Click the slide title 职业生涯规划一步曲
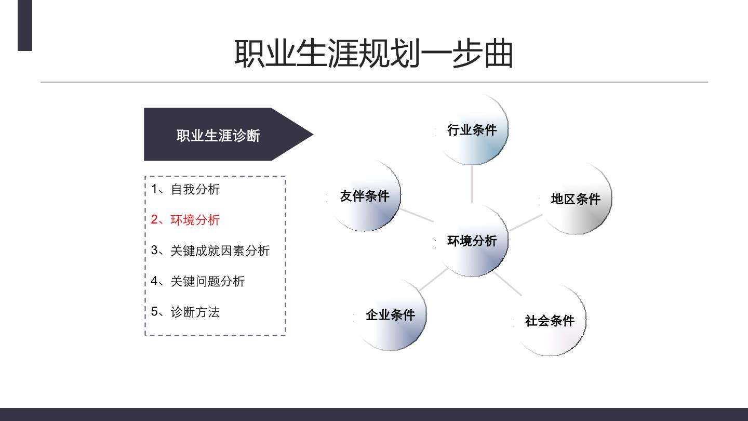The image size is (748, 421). click(x=373, y=54)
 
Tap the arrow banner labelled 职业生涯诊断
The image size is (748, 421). click(x=229, y=134)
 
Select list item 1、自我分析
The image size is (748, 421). click(x=185, y=189)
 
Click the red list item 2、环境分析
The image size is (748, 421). click(x=185, y=219)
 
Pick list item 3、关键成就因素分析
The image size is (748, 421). click(x=210, y=251)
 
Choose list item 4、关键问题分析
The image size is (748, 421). click(x=198, y=281)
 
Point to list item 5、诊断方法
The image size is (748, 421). click(x=185, y=312)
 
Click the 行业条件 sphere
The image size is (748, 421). click(x=472, y=129)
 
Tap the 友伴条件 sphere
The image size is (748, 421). click(x=364, y=196)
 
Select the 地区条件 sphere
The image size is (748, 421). click(x=576, y=199)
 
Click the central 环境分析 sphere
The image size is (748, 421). click(x=472, y=241)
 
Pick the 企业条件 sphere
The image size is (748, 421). click(x=390, y=315)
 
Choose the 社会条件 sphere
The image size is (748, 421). click(x=550, y=320)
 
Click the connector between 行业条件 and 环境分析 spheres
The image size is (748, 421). click(x=472, y=184)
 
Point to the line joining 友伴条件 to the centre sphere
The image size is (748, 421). click(x=417, y=215)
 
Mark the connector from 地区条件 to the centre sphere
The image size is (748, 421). click(x=526, y=222)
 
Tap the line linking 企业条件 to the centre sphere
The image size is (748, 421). click(x=433, y=279)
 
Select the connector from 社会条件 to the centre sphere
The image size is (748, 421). click(x=507, y=284)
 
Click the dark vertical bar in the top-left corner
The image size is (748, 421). click(x=25, y=25)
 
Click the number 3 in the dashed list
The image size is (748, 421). click(x=154, y=250)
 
